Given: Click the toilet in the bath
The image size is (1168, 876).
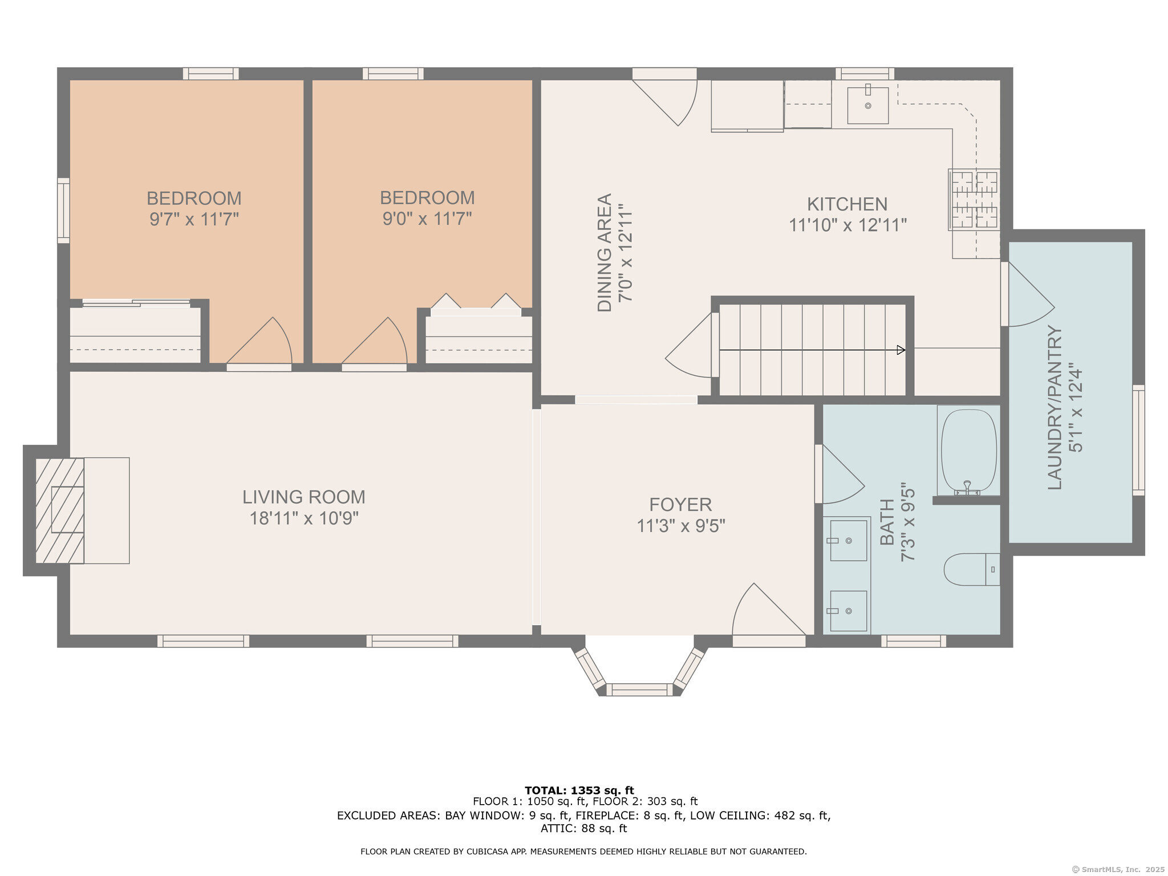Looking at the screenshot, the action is (971, 569).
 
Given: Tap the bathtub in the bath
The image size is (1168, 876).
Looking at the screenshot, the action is (968, 451).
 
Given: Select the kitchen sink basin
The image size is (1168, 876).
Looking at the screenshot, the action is (867, 106).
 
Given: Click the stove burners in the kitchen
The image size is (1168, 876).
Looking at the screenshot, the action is (974, 200).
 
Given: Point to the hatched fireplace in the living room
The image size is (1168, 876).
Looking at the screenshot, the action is (60, 510).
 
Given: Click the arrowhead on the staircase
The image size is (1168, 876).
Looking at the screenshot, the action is (901, 350).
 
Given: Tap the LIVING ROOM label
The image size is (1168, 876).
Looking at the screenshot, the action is (304, 497).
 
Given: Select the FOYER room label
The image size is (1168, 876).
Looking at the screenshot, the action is (680, 505).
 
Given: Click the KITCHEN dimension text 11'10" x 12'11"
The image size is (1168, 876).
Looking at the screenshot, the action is (847, 225).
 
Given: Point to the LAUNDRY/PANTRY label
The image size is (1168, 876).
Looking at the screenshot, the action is (1055, 407).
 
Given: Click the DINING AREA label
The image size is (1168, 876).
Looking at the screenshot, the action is (605, 253).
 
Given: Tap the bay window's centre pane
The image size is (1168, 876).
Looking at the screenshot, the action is (639, 690).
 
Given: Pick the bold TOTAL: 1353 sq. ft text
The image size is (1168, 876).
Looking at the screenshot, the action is (579, 790).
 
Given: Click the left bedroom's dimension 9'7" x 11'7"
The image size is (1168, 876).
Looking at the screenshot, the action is (194, 219).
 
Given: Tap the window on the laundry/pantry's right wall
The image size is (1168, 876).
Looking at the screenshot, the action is (1138, 440).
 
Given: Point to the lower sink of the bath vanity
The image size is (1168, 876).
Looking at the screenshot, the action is (849, 611).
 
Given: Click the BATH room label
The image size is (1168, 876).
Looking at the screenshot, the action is (887, 522).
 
